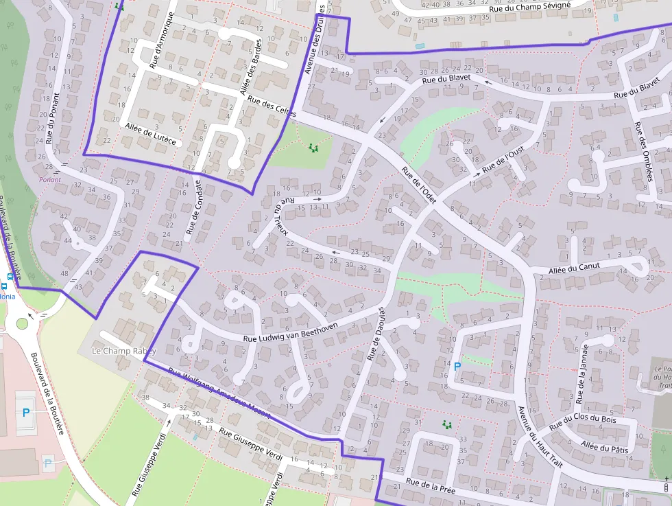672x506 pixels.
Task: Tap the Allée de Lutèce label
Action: (x=150, y=134)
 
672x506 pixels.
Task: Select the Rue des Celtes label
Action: (x=272, y=105)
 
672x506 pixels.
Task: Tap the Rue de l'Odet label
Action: (x=419, y=185)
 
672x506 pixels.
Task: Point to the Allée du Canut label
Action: (x=574, y=268)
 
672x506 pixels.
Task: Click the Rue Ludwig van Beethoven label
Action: (x=291, y=333)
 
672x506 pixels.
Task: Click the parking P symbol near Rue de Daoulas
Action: (x=457, y=367)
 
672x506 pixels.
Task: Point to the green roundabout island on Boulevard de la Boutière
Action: (x=22, y=323)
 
